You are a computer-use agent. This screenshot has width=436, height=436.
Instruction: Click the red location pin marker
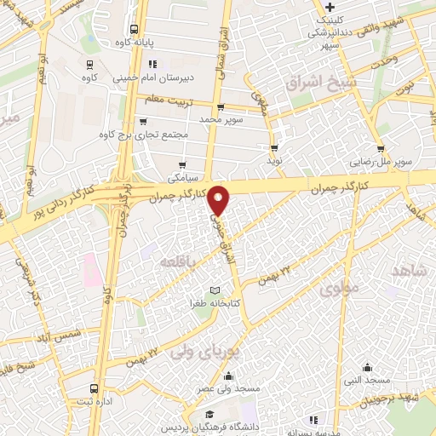[x=219, y=199]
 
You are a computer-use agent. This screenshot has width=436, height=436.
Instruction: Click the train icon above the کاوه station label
[x=89, y=63]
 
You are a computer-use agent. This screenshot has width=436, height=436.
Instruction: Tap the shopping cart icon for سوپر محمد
[x=221, y=108]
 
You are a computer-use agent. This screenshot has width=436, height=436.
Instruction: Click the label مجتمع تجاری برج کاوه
[x=129, y=135]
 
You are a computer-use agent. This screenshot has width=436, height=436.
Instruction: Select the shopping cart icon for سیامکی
[x=183, y=165]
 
